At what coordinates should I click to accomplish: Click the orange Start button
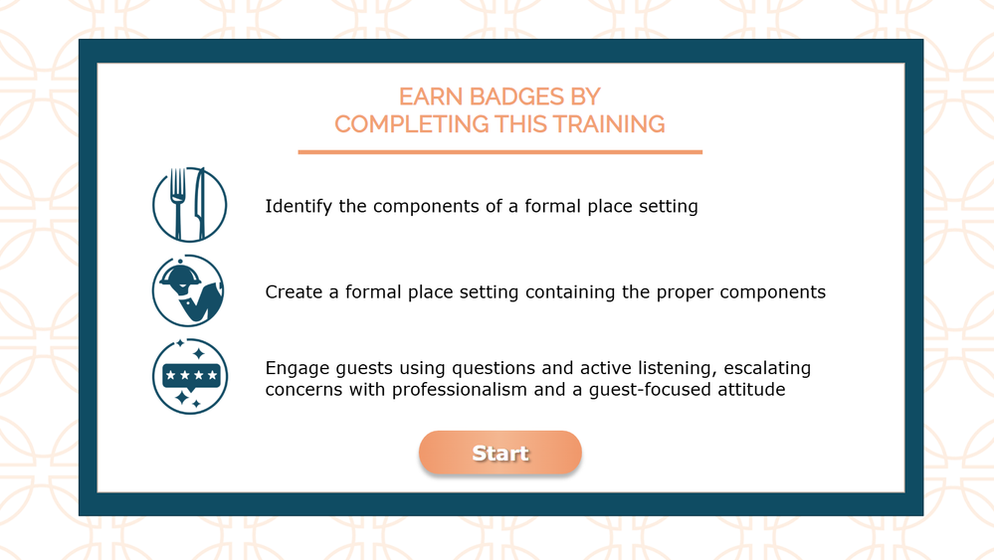pyautogui.click(x=500, y=453)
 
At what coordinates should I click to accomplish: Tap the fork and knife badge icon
pyautogui.click(x=189, y=205)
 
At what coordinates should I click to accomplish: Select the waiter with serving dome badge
pyautogui.click(x=188, y=290)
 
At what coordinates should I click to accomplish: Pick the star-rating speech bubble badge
pyautogui.click(x=189, y=376)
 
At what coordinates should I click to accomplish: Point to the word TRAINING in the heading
pyautogui.click(x=609, y=124)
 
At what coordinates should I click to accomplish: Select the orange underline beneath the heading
pyautogui.click(x=500, y=152)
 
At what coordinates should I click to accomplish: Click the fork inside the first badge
pyautogui.click(x=178, y=203)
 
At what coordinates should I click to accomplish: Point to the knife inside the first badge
pyautogui.click(x=200, y=204)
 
